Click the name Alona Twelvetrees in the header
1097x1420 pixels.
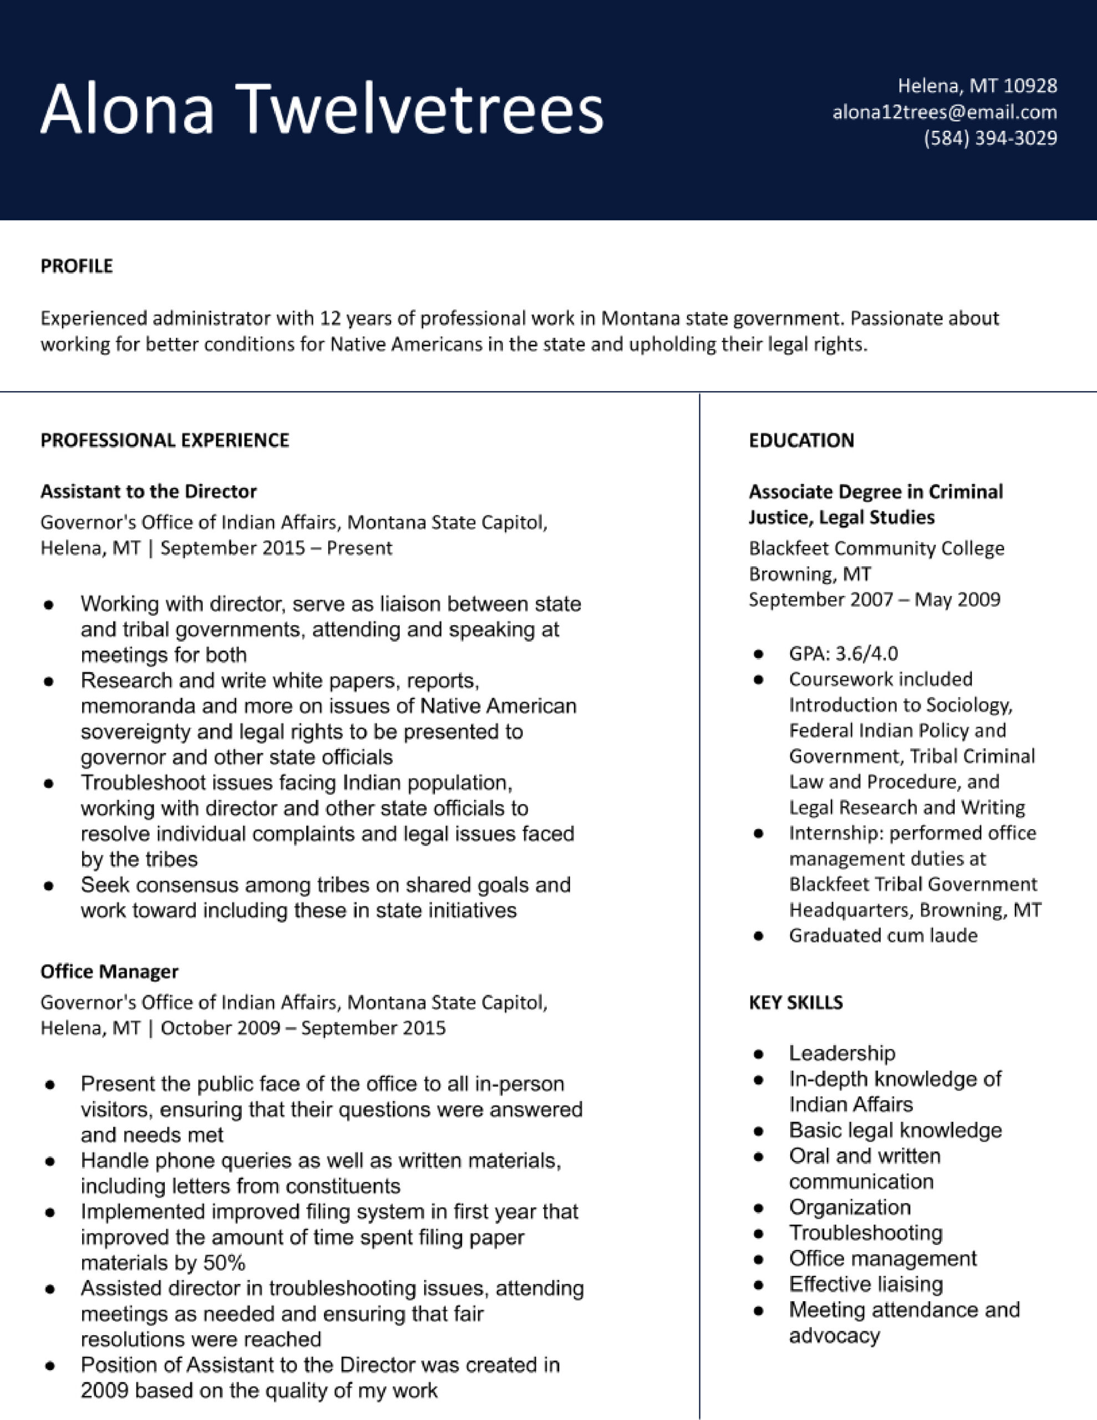coord(322,109)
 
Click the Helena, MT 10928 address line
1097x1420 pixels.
coord(977,86)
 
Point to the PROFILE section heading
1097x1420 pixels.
coord(77,266)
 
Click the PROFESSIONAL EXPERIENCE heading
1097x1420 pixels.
coord(165,440)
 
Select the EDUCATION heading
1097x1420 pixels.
coord(801,440)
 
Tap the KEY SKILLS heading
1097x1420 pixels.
coord(795,1002)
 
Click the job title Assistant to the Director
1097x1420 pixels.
coord(148,491)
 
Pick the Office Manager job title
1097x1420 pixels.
coord(109,971)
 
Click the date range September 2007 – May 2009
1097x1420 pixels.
coord(874,599)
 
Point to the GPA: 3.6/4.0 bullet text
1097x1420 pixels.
coord(844,653)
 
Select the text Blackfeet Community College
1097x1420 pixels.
coord(876,548)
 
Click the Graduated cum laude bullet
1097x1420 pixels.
coord(883,935)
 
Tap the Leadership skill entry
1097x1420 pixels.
coord(842,1053)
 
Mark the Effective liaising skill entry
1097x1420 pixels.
coord(866,1284)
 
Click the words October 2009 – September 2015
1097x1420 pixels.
coord(303,1028)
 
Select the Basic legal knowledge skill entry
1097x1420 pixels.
coord(895,1130)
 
